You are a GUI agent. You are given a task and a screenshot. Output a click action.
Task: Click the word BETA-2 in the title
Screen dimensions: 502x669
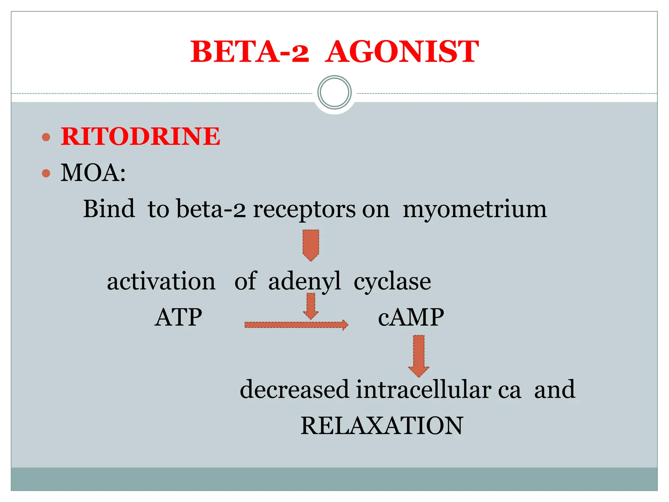[250, 52]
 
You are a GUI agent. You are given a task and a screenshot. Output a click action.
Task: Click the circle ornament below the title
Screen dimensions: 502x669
[334, 92]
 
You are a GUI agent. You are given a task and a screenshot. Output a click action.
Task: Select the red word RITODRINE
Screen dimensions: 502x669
[140, 136]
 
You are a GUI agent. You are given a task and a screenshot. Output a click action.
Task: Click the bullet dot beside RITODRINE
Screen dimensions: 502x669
[46, 137]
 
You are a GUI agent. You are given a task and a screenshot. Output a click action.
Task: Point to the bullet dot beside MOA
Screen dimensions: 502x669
[46, 173]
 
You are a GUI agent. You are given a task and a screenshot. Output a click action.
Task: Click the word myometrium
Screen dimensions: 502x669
[475, 209]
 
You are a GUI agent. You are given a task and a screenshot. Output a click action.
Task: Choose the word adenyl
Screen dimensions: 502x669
[304, 282]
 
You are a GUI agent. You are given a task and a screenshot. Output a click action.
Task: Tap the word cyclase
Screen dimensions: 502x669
[392, 282]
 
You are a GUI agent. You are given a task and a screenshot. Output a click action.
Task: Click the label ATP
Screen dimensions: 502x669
[178, 317]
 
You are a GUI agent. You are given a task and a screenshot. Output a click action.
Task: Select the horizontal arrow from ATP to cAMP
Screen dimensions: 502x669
[296, 325]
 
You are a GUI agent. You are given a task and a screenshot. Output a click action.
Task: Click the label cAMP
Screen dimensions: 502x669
[411, 317]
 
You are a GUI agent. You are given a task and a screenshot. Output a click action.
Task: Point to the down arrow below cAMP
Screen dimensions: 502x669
[419, 356]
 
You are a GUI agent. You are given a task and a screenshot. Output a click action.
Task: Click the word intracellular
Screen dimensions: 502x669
[423, 390]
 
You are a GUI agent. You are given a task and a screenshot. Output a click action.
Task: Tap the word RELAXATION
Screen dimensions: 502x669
[382, 426]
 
